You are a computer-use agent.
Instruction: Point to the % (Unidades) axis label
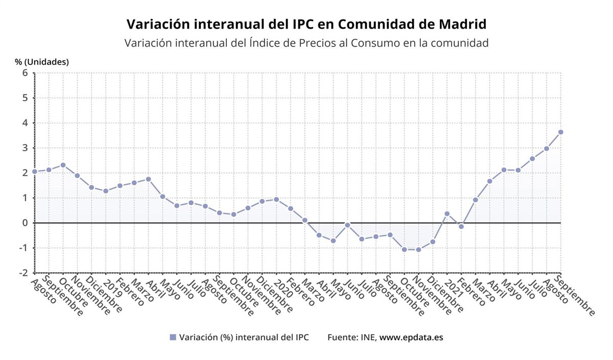pos(42,62)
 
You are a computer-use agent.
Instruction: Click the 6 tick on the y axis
pos(25,73)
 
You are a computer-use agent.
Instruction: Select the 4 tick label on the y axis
pos(25,123)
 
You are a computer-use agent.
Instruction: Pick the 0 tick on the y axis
pos(25,223)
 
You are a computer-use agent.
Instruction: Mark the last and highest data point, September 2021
pos(560,132)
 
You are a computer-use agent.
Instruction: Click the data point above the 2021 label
pos(447,213)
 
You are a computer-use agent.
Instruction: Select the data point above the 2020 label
pos(276,199)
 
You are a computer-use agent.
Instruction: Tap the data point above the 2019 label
pos(106,191)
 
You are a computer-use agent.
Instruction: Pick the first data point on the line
pos(35,172)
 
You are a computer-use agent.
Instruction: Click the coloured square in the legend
pos(173,338)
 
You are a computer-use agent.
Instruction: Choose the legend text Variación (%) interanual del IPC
pos(244,338)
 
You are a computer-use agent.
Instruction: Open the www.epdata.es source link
pos(411,338)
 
